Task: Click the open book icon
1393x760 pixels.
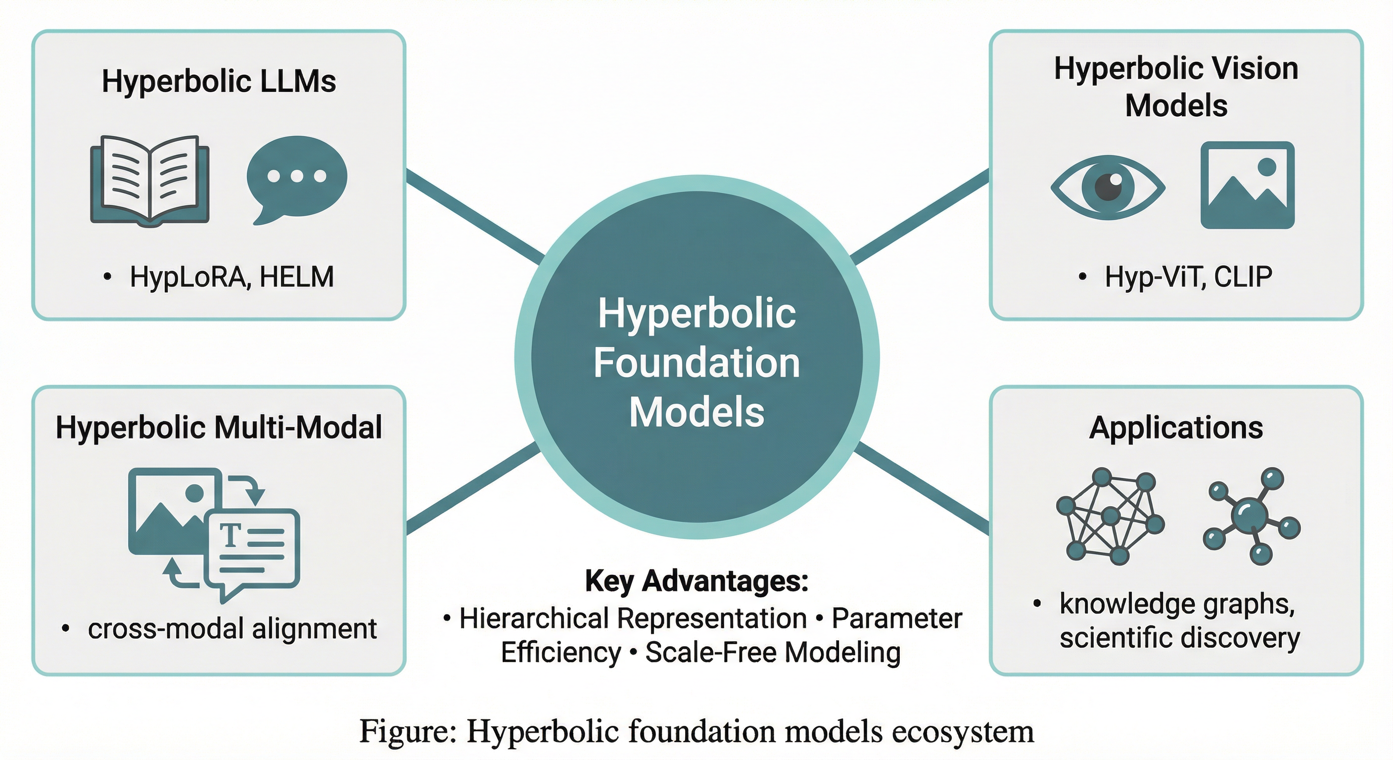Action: [x=150, y=180]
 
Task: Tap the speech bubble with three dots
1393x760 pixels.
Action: [x=296, y=179]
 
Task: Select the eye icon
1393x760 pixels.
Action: [x=1108, y=187]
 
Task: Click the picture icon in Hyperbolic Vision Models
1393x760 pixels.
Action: [x=1247, y=185]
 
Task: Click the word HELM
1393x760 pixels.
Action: [x=296, y=277]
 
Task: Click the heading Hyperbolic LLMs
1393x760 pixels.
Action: [x=219, y=81]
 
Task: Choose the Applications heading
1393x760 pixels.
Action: [x=1176, y=427]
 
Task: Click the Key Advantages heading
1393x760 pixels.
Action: [x=696, y=581]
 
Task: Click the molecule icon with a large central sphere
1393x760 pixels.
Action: [x=1252, y=516]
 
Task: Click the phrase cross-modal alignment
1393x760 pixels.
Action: [x=232, y=628]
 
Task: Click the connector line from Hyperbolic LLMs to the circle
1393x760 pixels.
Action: [x=475, y=216]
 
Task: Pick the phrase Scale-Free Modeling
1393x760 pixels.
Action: [x=773, y=652]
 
